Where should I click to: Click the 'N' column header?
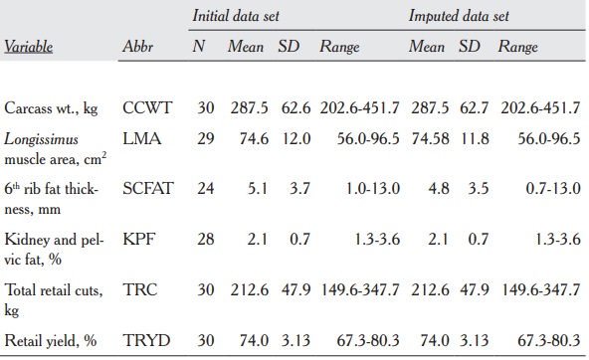coord(199,47)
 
